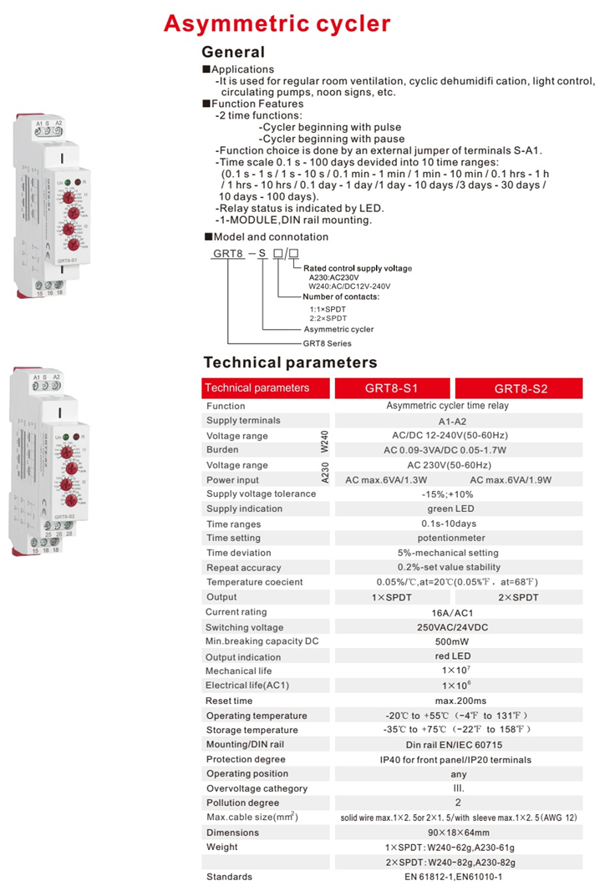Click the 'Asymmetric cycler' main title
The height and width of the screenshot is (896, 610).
pos(277,23)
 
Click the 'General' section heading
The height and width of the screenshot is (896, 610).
pos(233,52)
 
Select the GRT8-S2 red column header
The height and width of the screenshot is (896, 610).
pos(521,388)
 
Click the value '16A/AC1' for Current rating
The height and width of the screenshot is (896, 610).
pos(458,612)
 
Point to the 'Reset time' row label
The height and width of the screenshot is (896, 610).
pos(229,701)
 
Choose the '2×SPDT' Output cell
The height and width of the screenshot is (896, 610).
pos(518,597)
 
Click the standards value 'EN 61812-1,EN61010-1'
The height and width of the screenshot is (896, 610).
pos(458,877)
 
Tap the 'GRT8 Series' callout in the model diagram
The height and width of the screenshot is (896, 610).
pos(327,343)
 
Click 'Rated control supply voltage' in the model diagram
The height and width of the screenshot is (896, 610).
pos(358,268)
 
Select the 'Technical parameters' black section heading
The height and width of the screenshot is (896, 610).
pos(290,362)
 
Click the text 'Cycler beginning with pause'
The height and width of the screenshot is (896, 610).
pos(333,139)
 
